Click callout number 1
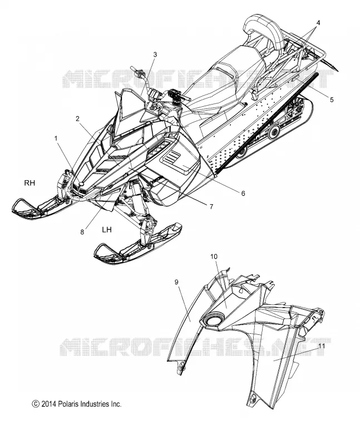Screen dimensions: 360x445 (x=56, y=138)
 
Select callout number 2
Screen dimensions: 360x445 (x=77, y=118)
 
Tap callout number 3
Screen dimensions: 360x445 (x=155, y=55)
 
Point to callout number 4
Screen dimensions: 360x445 (x=318, y=23)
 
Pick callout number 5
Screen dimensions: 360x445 (x=332, y=100)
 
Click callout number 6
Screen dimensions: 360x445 (x=243, y=193)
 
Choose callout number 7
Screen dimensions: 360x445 (x=211, y=207)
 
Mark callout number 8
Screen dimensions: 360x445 (x=82, y=232)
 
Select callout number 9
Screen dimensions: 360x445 (x=176, y=282)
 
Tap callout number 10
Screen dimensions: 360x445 (x=214, y=256)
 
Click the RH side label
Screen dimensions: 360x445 (x=29, y=183)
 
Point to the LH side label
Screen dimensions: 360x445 (x=107, y=230)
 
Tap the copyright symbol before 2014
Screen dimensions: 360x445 (x=36, y=404)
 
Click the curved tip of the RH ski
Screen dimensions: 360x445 (x=18, y=205)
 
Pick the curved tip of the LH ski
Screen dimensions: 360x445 (x=100, y=250)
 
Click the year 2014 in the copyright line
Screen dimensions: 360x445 (x=49, y=404)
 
